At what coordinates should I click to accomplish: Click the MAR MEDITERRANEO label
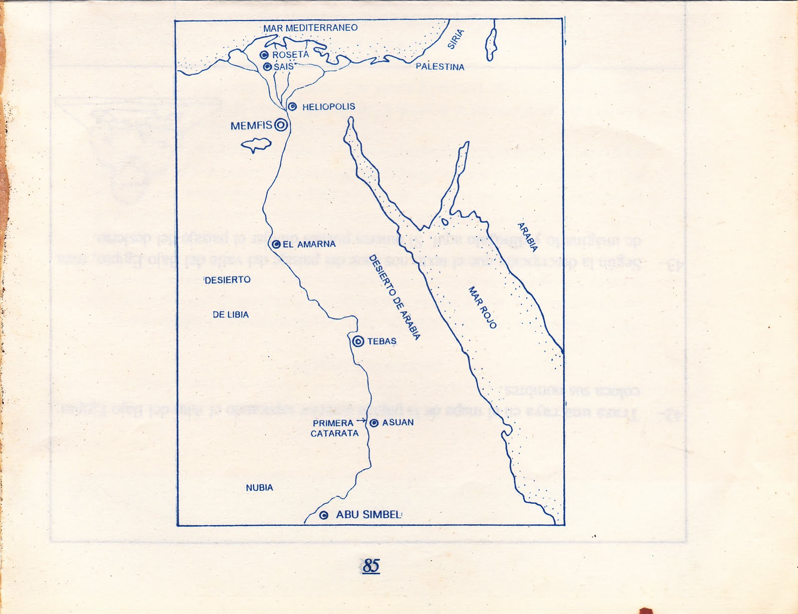tap(310, 28)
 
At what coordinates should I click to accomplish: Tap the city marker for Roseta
tap(264, 55)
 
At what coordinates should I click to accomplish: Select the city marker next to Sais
tap(267, 66)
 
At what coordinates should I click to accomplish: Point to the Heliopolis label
tap(328, 107)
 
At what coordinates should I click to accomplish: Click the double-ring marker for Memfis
tap(281, 125)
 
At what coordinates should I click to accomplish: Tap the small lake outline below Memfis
tap(256, 145)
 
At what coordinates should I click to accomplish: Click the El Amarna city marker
tap(276, 244)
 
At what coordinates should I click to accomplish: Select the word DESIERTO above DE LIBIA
tap(227, 280)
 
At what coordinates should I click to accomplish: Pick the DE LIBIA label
tap(230, 315)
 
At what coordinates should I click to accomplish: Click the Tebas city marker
tap(358, 341)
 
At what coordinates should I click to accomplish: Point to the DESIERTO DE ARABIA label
tap(394, 297)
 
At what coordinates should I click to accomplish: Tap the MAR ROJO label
tap(482, 307)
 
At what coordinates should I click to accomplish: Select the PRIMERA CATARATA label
tap(334, 428)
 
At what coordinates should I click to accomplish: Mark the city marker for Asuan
tap(374, 423)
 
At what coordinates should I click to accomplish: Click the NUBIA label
tap(259, 488)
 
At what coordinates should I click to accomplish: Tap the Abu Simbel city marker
tap(324, 515)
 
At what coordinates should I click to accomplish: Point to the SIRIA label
tap(455, 39)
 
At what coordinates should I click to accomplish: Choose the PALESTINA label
tap(440, 67)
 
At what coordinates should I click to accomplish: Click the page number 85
tap(371, 566)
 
